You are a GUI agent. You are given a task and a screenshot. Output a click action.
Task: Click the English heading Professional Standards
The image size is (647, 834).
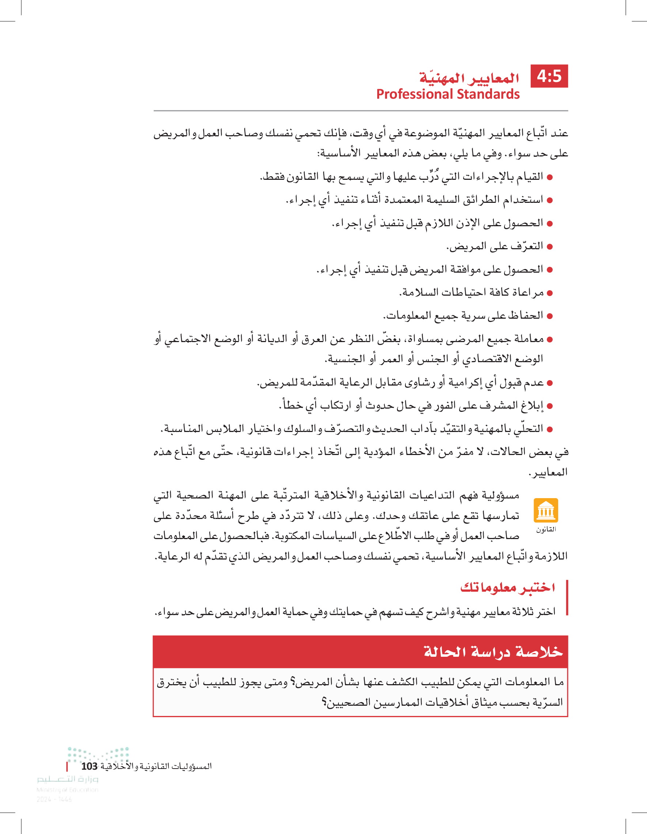point(448,94)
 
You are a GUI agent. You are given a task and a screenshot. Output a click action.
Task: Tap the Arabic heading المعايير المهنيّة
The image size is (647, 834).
point(469,78)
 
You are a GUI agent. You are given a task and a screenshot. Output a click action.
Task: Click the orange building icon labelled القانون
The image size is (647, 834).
point(546,510)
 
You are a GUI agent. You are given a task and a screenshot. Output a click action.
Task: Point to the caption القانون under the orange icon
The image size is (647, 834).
point(546,529)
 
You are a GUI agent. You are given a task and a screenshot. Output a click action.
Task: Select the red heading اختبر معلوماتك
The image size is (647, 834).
point(508,587)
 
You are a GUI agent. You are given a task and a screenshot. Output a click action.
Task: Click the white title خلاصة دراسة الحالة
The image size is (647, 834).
point(493,652)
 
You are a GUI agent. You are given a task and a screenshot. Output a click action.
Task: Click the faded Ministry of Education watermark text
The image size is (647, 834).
point(68,790)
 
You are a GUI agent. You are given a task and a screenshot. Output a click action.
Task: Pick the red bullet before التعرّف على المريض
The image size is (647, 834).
point(550,247)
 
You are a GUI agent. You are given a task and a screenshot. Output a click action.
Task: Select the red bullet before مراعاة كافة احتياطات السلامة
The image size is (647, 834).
point(550,293)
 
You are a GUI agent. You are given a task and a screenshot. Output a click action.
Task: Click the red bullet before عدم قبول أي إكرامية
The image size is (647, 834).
point(550,383)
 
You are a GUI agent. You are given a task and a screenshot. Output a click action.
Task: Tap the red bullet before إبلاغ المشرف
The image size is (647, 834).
point(550,406)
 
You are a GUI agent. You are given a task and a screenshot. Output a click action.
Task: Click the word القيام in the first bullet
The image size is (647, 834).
point(529,177)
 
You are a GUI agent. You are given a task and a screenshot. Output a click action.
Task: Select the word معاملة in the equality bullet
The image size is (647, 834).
point(529,339)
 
